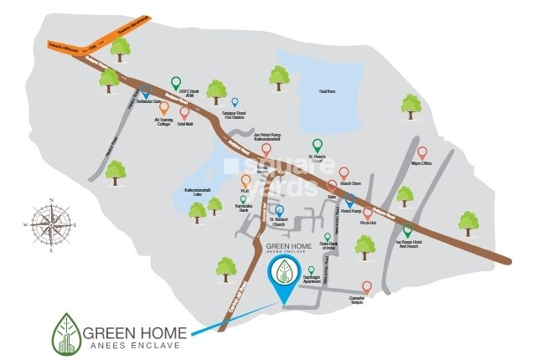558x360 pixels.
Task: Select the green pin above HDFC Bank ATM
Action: [x=176, y=82]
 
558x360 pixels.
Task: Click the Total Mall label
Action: [x=186, y=123]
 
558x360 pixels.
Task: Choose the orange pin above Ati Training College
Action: [x=163, y=108]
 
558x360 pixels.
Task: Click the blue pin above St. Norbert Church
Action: [x=279, y=210]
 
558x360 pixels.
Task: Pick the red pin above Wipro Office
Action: [x=421, y=152]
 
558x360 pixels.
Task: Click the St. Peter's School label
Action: [x=317, y=157]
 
